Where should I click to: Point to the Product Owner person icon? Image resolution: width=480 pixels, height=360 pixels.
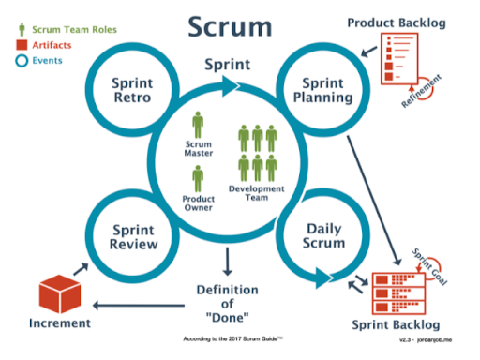(x=197, y=177)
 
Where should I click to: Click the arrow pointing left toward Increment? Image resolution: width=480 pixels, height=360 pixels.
(x=141, y=304)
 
